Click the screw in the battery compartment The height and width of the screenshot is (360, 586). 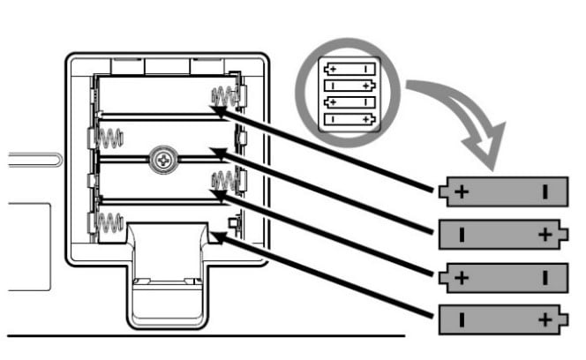(x=164, y=160)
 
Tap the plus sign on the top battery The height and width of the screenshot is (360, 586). (x=460, y=192)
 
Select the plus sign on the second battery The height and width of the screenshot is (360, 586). (x=545, y=234)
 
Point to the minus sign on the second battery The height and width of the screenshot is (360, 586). (x=461, y=234)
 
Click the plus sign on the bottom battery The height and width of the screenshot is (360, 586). (x=545, y=319)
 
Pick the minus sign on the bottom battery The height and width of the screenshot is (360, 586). (x=461, y=319)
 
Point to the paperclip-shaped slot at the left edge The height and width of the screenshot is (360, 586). (x=31, y=160)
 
